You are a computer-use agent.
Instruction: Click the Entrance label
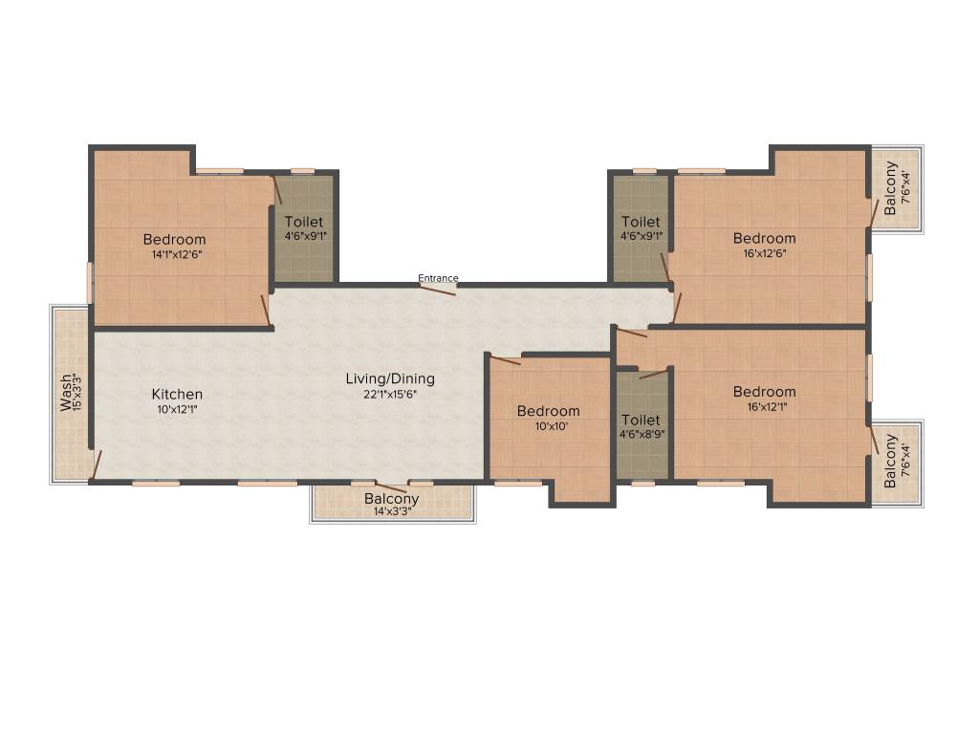(438, 278)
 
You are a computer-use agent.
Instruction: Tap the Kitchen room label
(177, 394)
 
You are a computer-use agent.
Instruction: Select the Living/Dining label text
(390, 378)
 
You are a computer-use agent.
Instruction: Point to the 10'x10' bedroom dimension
(548, 426)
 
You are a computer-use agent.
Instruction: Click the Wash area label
(65, 392)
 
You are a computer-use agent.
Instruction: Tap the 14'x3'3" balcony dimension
(392, 512)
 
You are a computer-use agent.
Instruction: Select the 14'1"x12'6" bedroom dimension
(174, 254)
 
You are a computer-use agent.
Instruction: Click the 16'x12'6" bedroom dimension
(764, 253)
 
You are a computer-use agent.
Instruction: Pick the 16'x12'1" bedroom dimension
(764, 406)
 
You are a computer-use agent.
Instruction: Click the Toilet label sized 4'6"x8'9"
(641, 420)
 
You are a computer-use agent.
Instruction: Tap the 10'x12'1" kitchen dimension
(177, 409)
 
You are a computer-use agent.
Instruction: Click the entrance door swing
(439, 290)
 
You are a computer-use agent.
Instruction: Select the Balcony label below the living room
(392, 499)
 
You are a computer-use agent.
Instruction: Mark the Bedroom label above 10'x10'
(548, 411)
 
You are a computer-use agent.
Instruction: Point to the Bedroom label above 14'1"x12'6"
(174, 239)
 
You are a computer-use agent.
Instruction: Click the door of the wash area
(96, 464)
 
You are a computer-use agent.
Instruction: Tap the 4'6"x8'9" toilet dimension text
(641, 434)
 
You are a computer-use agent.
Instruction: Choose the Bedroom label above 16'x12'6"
(764, 238)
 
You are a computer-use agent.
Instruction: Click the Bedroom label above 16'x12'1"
(764, 391)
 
